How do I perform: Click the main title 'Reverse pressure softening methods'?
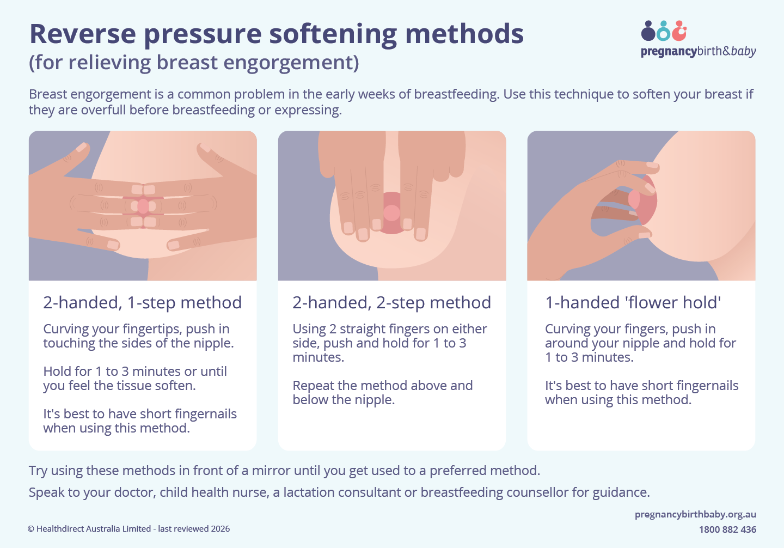click(x=276, y=34)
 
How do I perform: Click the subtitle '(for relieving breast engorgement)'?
click(x=194, y=63)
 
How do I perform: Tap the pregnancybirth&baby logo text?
click(x=698, y=51)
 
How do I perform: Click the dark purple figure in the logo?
click(x=648, y=32)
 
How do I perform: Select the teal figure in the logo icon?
click(x=663, y=32)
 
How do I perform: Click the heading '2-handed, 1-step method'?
click(x=142, y=302)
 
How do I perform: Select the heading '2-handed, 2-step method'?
click(x=391, y=302)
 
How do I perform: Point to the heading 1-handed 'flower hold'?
click(x=633, y=302)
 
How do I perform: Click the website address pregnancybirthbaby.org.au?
click(x=695, y=514)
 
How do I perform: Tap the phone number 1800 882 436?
click(x=727, y=529)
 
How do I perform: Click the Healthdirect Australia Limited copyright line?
click(x=128, y=529)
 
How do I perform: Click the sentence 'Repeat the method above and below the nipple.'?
click(x=382, y=392)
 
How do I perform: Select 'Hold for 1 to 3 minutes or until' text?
click(x=135, y=372)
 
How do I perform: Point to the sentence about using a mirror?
click(x=284, y=471)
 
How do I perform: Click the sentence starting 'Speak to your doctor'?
click(x=339, y=492)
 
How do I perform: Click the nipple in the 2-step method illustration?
click(x=391, y=212)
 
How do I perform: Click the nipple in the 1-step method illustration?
click(x=143, y=206)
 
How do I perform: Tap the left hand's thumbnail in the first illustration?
click(x=81, y=147)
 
